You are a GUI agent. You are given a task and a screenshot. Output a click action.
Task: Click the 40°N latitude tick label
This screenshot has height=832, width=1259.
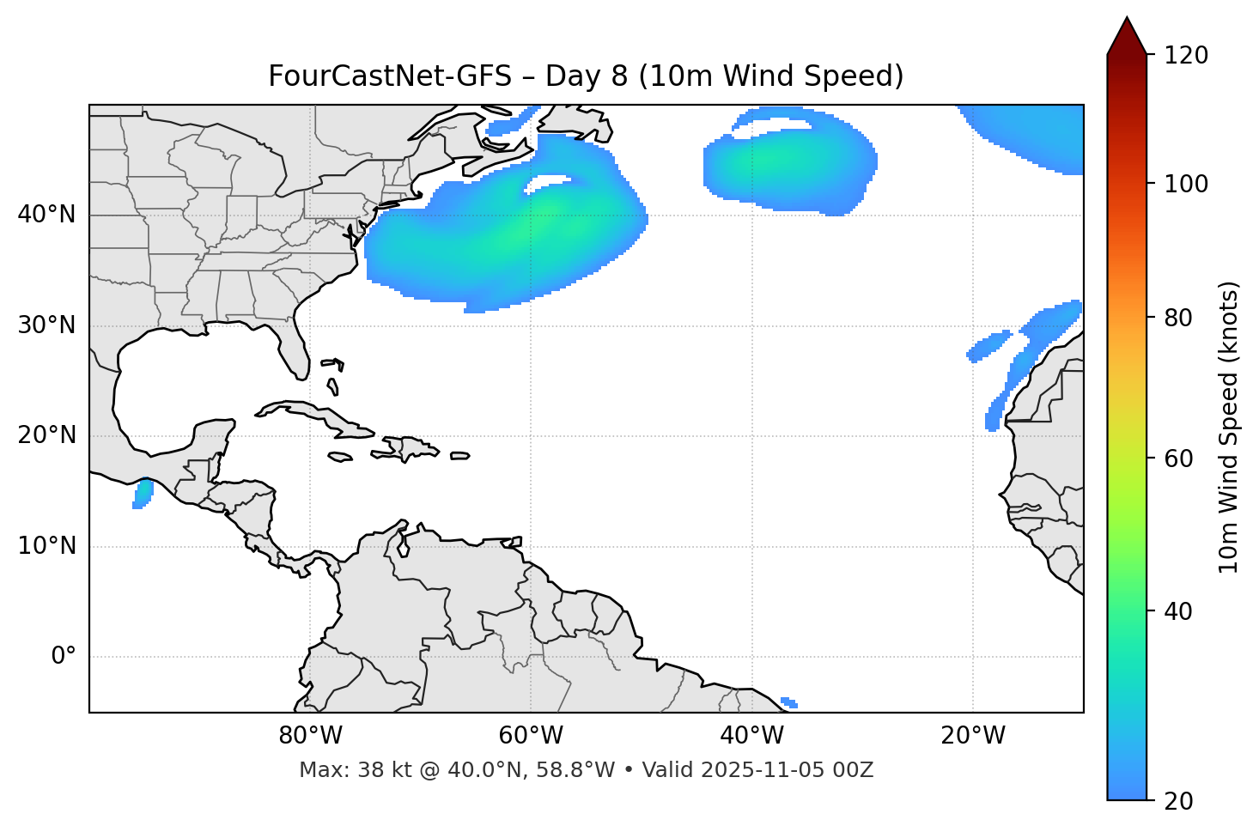(46, 215)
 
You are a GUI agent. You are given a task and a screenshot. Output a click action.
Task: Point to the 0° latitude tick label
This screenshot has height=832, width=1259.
(64, 657)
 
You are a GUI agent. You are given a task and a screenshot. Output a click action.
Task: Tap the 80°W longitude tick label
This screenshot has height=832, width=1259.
(310, 736)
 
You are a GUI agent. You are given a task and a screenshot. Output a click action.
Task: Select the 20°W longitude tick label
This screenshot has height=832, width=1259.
(973, 736)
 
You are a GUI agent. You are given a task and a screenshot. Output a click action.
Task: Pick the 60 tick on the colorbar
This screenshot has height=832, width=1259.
(1182, 459)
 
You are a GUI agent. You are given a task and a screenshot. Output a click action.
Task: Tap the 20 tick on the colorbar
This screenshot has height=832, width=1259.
(1182, 800)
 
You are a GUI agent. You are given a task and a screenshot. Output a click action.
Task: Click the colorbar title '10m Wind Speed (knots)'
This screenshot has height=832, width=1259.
(1229, 427)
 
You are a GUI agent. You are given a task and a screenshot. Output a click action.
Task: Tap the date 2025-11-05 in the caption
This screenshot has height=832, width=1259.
(768, 770)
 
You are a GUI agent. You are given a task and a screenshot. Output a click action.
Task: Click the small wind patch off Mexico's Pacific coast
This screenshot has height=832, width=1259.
(143, 494)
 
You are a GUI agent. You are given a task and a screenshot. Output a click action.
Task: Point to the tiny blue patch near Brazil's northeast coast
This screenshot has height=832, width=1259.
(788, 703)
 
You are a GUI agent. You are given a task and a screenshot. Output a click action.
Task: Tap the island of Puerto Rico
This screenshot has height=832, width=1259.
(460, 456)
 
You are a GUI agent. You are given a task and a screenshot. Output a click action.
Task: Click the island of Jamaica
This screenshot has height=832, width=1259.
(340, 458)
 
